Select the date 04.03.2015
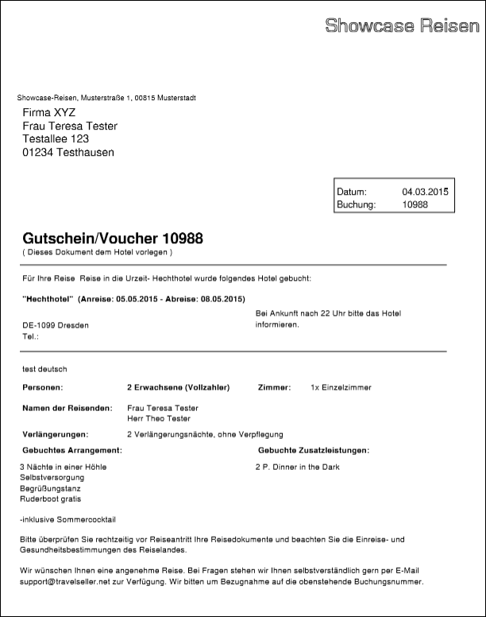click(x=426, y=192)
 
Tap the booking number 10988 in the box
click(x=415, y=204)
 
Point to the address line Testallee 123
click(x=56, y=139)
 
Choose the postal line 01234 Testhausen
click(x=68, y=153)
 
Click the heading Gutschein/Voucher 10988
click(x=113, y=239)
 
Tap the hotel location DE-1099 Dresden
click(x=56, y=325)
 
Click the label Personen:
click(x=43, y=387)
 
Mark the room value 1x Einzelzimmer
click(x=341, y=387)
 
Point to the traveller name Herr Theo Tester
click(x=159, y=418)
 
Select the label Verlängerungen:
click(x=56, y=435)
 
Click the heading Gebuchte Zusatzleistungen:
click(x=313, y=451)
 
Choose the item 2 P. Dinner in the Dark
click(x=298, y=467)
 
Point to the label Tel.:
click(x=31, y=336)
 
